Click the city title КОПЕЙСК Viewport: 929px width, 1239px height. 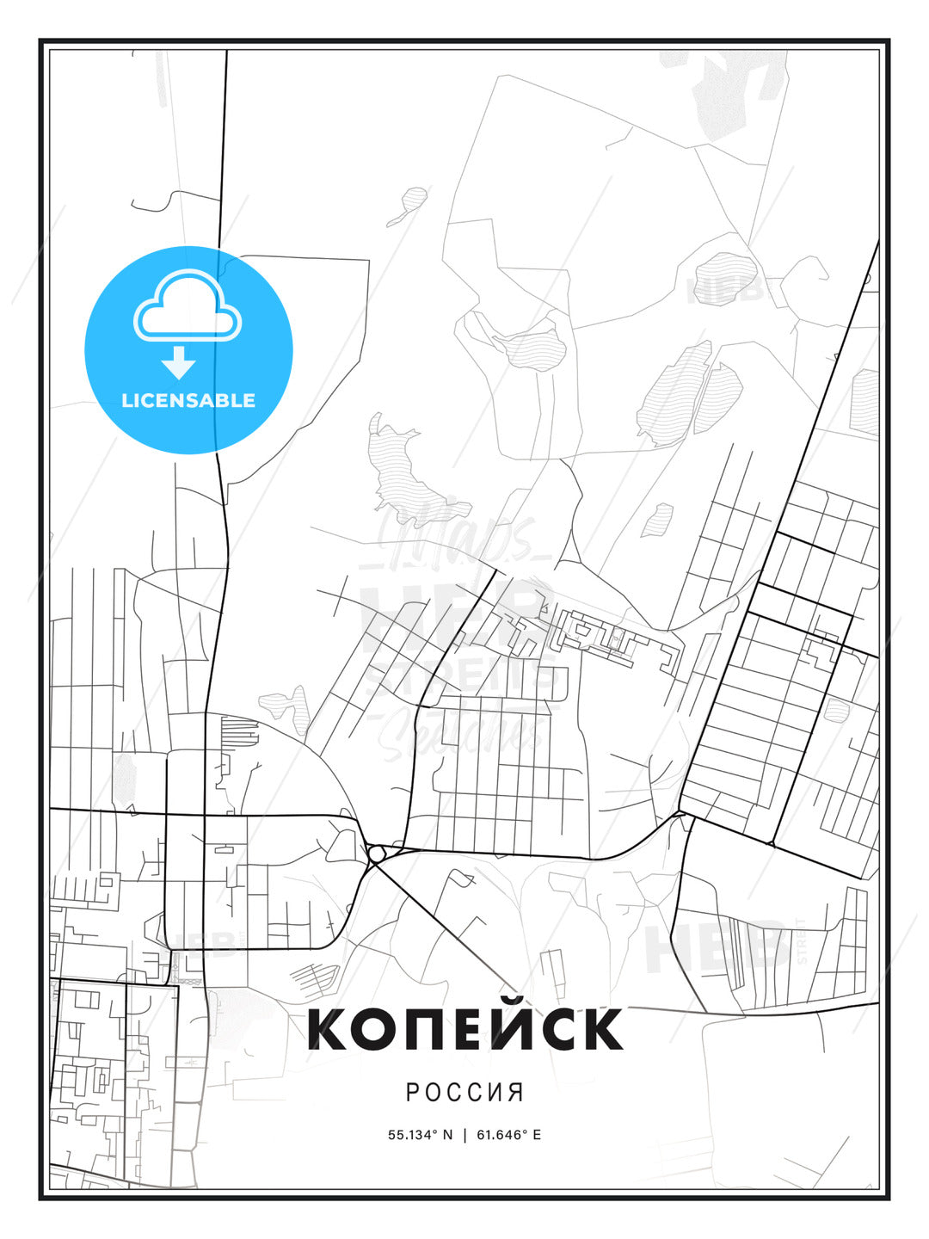pos(464,1029)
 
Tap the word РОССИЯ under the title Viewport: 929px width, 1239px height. pos(464,1093)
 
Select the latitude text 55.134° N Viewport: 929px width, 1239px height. pos(420,1135)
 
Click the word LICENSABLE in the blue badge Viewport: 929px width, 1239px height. pos(188,400)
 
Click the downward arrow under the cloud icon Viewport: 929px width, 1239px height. pos(179,363)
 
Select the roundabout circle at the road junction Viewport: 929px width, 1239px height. pos(376,854)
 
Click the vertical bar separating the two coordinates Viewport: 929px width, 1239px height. pos(464,1135)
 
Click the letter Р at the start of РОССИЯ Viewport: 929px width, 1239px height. pos(412,1093)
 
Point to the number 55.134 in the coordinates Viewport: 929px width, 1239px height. pos(410,1135)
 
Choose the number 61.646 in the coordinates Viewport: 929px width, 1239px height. pos(499,1135)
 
